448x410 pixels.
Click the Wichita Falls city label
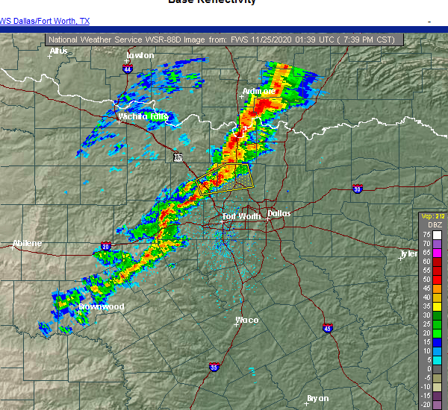click(x=143, y=116)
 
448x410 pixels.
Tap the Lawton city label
click(x=140, y=55)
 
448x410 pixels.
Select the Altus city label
click(x=59, y=51)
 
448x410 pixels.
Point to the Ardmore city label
click(x=258, y=92)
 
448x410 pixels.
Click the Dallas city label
click(x=279, y=213)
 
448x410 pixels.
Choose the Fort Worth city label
click(x=242, y=217)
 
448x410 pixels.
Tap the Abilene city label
click(x=27, y=244)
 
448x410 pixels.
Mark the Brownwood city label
click(x=101, y=306)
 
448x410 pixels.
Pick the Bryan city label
click(x=318, y=398)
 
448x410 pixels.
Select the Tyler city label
click(x=408, y=253)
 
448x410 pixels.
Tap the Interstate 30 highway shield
click(x=358, y=189)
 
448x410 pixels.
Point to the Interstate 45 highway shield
click(x=328, y=327)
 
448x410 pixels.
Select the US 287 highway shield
click(x=177, y=157)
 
